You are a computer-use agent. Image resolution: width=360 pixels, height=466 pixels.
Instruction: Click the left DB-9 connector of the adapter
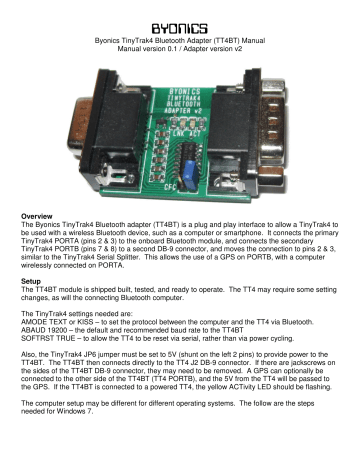pos(82,90)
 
